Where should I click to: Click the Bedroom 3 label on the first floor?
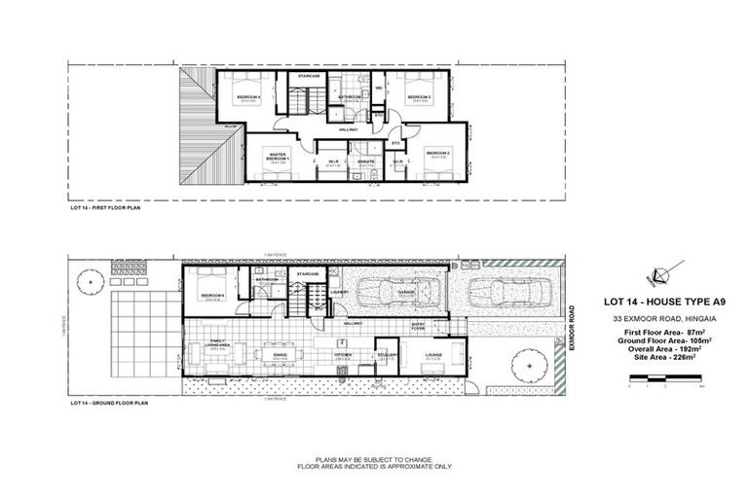(x=418, y=97)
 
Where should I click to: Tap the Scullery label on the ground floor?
(x=387, y=355)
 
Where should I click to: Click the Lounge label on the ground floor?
(x=433, y=355)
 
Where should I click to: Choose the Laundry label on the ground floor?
(x=340, y=291)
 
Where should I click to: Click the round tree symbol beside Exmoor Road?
(x=529, y=366)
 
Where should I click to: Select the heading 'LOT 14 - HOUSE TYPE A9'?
(x=653, y=302)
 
